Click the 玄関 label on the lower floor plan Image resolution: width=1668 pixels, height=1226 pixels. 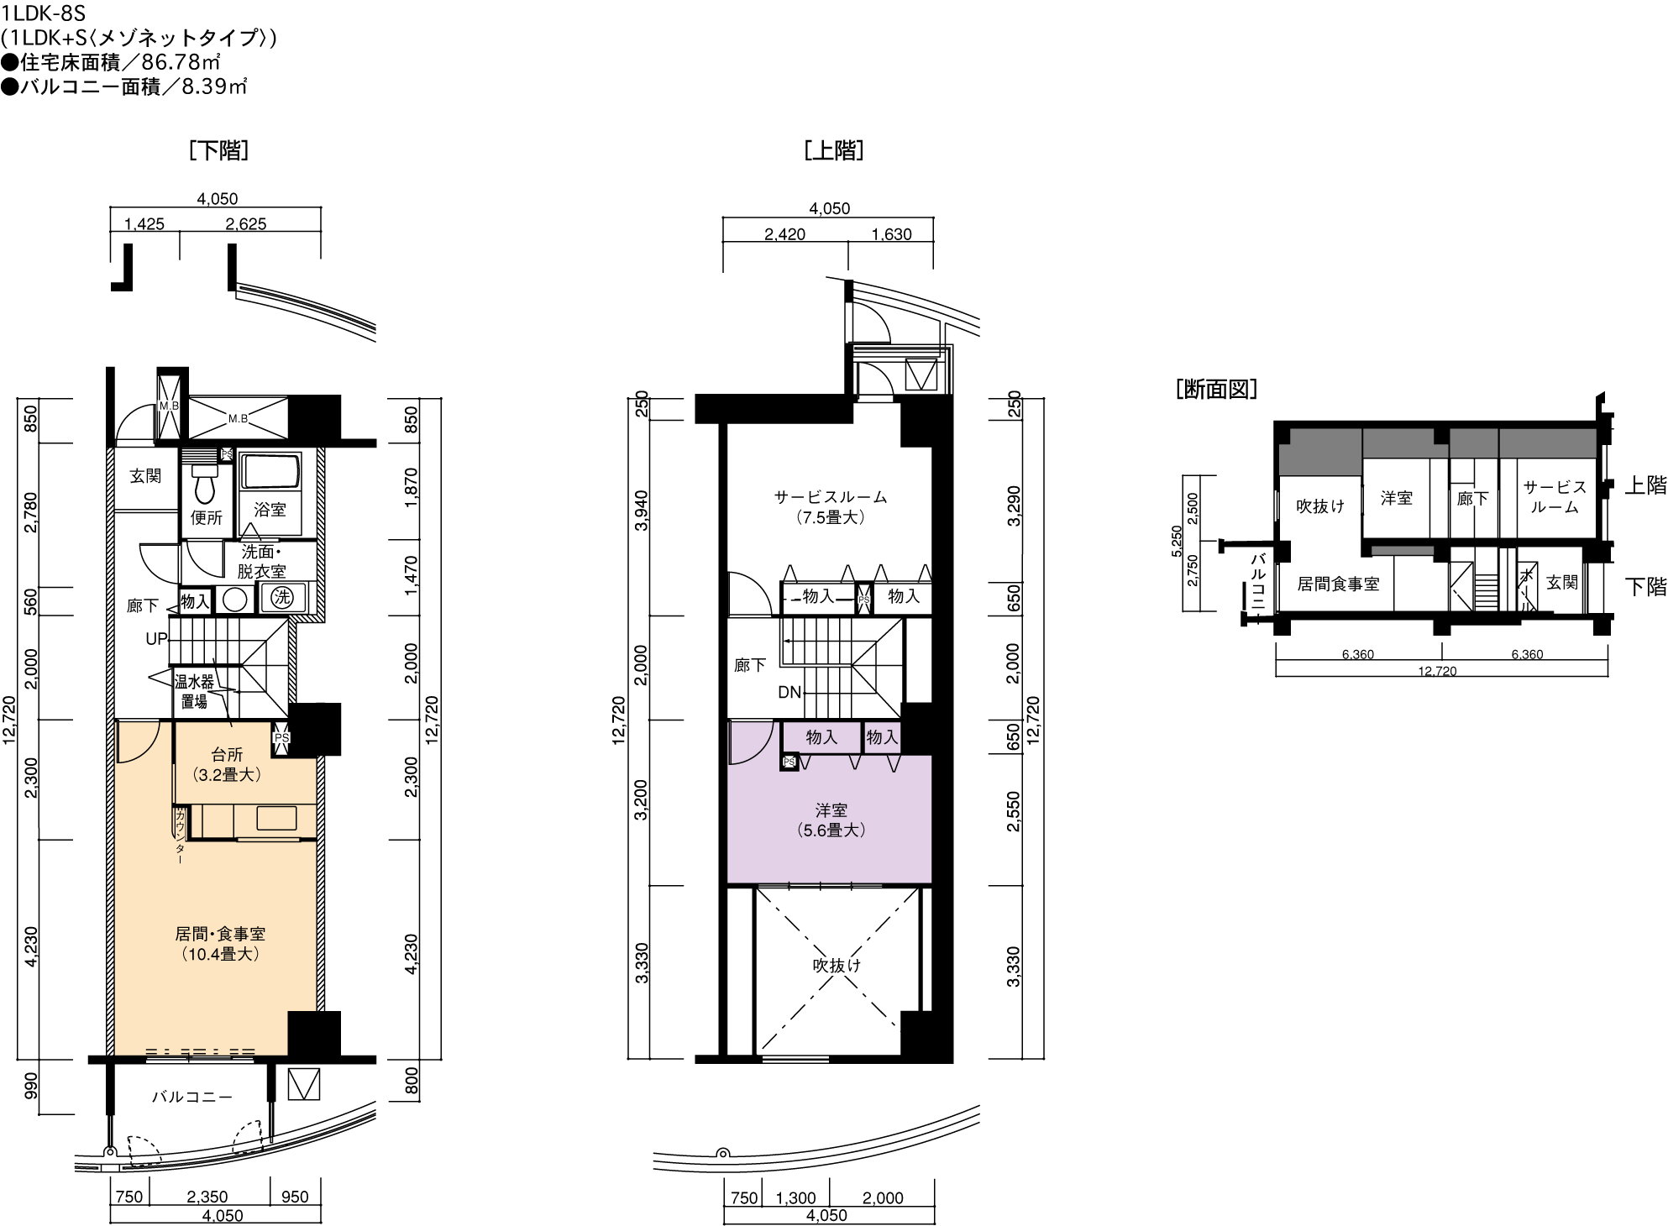pyautogui.click(x=145, y=476)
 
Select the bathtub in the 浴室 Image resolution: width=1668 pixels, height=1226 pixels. pyautogui.click(x=270, y=472)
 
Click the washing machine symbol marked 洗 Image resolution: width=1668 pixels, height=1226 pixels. pyautogui.click(x=281, y=598)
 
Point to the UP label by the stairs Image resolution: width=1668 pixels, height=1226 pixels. pyautogui.click(x=156, y=639)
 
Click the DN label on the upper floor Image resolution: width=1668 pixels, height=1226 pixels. pyautogui.click(x=789, y=693)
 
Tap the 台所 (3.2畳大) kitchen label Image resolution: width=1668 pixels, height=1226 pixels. pyautogui.click(x=227, y=765)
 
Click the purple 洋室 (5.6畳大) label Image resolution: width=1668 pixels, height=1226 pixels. pyautogui.click(x=831, y=820)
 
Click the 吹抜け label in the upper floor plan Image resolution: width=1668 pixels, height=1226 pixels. pyautogui.click(x=837, y=966)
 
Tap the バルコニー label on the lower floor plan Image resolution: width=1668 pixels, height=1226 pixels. pyautogui.click(x=192, y=1097)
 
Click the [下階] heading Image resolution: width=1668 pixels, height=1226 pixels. pyautogui.click(x=219, y=150)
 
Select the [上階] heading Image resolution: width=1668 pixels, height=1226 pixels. pyautogui.click(x=833, y=150)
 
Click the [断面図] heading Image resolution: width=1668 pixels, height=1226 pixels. pyautogui.click(x=1217, y=389)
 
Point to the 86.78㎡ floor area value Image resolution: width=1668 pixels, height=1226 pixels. pyautogui.click(x=181, y=62)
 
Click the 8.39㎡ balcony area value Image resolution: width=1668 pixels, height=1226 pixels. pyautogui.click(x=214, y=86)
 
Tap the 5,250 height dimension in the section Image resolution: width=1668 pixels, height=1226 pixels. pyautogui.click(x=1177, y=542)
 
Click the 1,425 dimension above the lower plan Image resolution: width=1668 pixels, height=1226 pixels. pyautogui.click(x=144, y=224)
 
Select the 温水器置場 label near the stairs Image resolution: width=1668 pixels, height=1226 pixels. pyautogui.click(x=194, y=691)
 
